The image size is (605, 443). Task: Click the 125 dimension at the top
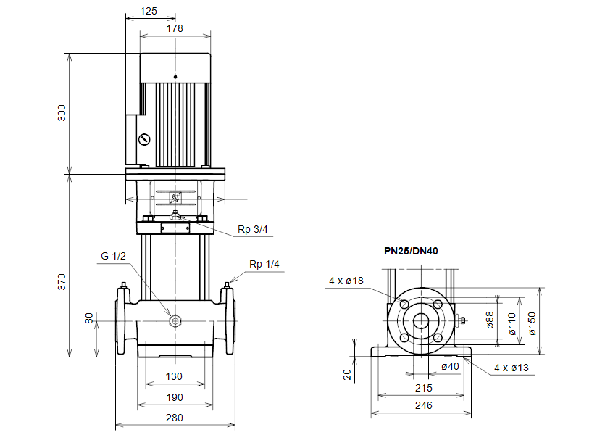tap(149, 11)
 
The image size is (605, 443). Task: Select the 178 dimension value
tap(175, 28)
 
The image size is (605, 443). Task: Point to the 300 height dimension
tap(62, 113)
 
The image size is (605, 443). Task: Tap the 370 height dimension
tap(62, 281)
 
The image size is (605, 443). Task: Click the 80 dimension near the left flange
tap(89, 319)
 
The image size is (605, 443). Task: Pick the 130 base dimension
tap(175, 376)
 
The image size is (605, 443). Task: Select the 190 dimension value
tap(175, 397)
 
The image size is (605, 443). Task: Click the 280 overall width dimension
tap(175, 418)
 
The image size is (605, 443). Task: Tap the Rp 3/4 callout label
tap(253, 230)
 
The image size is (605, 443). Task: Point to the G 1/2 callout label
tap(114, 256)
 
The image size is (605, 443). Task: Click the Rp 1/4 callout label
tap(264, 264)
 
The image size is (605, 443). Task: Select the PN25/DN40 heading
tap(411, 251)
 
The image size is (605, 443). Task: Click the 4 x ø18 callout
tap(346, 281)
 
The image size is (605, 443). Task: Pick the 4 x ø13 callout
tap(512, 368)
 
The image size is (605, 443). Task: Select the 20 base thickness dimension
tap(347, 374)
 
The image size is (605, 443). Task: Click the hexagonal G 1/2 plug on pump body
tap(175, 321)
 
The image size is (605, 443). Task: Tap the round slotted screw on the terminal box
tap(145, 139)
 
